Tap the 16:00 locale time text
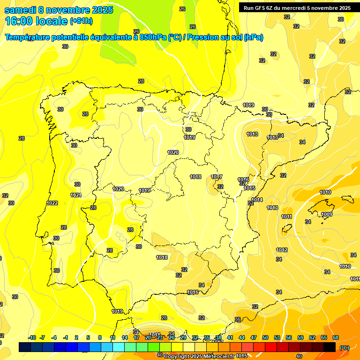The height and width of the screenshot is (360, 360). click(x=36, y=21)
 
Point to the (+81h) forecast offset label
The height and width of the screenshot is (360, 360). click(x=81, y=21)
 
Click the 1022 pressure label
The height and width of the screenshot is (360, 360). click(x=52, y=203)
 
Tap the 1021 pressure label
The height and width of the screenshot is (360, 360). click(x=76, y=195)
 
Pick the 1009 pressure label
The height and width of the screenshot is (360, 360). click(x=327, y=214)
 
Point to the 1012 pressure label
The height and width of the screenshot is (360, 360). click(x=282, y=250)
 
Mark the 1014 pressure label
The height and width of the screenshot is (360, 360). click(x=257, y=200)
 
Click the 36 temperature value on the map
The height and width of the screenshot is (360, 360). click(x=238, y=320)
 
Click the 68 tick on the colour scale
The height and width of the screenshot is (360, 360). click(x=336, y=338)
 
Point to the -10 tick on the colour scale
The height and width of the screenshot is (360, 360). click(x=32, y=338)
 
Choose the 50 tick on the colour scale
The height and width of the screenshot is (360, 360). click(x=265, y=338)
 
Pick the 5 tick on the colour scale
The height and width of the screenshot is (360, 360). click(x=89, y=338)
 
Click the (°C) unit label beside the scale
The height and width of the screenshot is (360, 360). click(x=344, y=348)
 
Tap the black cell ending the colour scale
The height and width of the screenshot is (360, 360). click(x=330, y=347)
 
